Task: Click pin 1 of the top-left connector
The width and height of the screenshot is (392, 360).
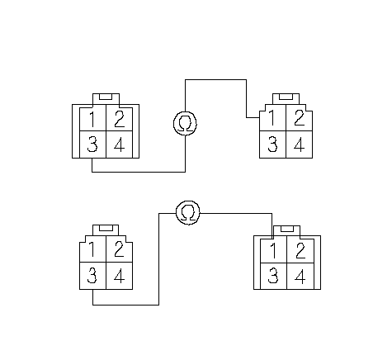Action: (93, 119)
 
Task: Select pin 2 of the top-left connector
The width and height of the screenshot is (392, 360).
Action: (120, 119)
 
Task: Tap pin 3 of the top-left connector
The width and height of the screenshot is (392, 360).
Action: (93, 144)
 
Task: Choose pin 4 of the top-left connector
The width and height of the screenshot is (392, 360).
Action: (120, 144)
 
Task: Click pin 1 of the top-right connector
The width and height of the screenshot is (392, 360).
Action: (273, 118)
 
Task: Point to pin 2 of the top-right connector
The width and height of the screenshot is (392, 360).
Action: (300, 118)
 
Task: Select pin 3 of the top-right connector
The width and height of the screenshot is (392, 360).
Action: (273, 144)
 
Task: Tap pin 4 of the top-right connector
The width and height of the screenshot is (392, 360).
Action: (300, 144)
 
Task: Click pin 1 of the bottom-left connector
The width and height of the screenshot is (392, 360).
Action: (93, 249)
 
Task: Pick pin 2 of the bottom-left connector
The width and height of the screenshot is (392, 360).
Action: (120, 249)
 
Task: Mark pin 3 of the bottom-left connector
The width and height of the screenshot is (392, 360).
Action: (93, 276)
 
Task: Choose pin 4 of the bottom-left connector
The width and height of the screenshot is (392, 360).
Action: (120, 276)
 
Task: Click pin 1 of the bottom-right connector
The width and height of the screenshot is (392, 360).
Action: (273, 251)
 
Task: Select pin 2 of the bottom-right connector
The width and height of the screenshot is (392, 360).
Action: (300, 251)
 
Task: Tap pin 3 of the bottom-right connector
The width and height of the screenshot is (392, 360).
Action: (273, 276)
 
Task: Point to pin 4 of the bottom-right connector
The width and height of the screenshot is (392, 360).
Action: (300, 276)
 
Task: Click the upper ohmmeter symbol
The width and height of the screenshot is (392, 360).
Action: (186, 123)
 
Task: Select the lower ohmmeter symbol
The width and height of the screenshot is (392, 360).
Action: (188, 212)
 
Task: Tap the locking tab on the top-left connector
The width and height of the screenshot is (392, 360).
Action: (106, 99)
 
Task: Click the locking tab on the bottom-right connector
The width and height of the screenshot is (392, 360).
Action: (286, 231)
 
